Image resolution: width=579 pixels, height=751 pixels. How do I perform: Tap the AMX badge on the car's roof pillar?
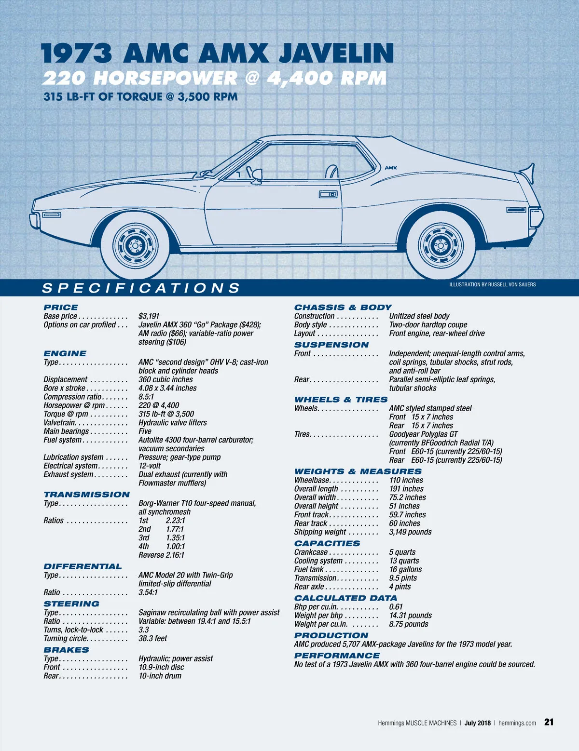click(391, 168)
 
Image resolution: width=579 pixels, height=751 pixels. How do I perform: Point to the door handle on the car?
click(328, 194)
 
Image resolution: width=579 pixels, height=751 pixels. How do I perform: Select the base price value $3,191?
click(149, 316)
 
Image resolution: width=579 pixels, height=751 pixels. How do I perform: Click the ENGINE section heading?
click(65, 353)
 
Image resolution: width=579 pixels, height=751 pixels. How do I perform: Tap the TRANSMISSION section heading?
click(87, 495)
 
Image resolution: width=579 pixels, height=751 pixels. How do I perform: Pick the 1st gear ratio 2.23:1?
click(175, 521)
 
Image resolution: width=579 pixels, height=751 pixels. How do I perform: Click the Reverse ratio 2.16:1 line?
click(161, 555)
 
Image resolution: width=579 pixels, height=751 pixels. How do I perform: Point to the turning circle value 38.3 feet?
click(152, 639)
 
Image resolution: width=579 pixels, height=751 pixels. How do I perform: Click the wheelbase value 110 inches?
click(406, 481)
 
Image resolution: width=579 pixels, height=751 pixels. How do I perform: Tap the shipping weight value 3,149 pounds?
click(410, 532)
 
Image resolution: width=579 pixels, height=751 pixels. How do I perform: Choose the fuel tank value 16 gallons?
click(405, 570)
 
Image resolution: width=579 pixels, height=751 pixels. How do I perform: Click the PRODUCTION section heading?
click(331, 635)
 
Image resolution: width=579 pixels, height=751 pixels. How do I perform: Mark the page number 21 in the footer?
click(549, 722)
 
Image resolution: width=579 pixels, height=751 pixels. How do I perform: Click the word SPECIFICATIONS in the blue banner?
click(141, 288)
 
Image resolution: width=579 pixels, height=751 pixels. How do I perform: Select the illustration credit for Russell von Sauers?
click(492, 284)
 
